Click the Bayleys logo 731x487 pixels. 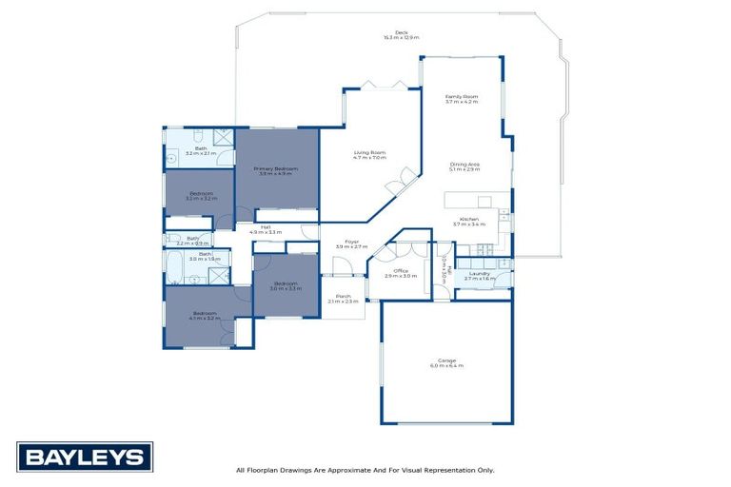85,457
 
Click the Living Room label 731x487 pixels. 369,155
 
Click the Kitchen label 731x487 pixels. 469,223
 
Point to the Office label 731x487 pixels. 401,273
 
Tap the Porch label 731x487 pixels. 343,300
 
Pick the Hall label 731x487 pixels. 266,228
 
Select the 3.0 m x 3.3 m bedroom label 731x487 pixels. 286,284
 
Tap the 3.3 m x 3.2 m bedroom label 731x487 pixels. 202,196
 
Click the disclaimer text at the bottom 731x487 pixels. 365,470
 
